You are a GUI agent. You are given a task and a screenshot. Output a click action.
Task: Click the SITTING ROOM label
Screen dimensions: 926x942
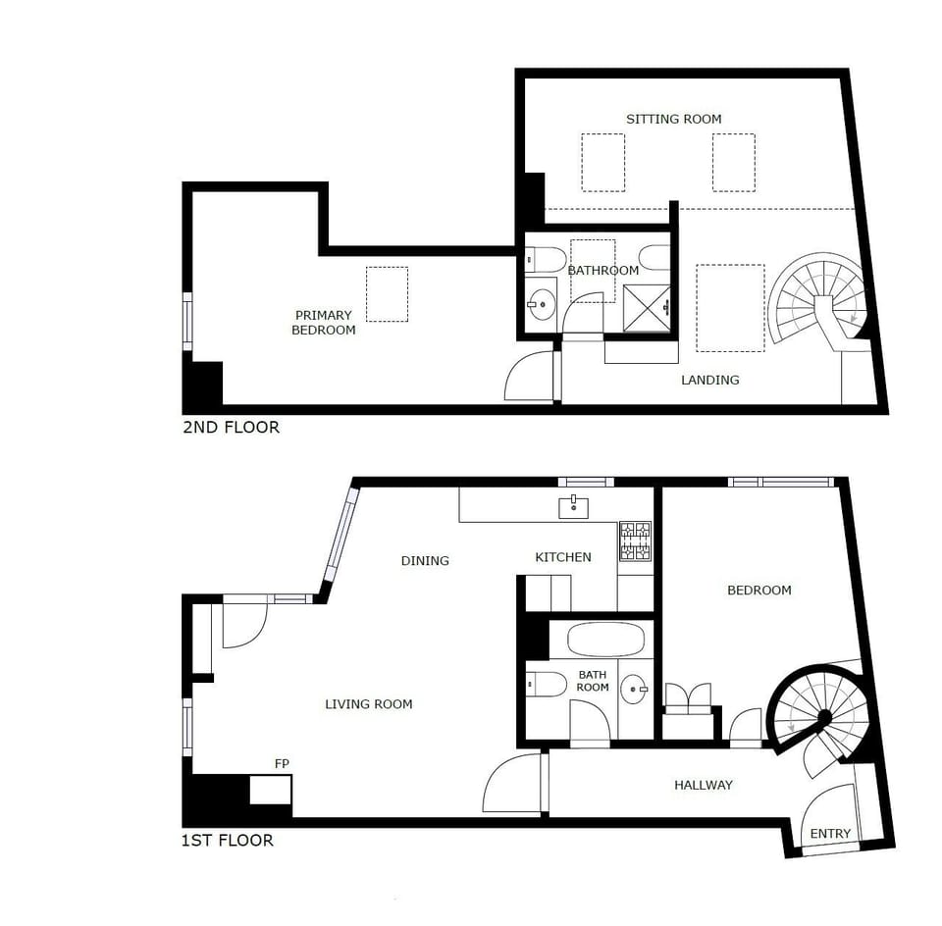coord(673,119)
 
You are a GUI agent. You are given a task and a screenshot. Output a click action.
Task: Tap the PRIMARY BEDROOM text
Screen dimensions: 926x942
coord(323,323)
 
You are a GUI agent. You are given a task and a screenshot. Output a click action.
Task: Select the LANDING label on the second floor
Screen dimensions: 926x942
coord(709,380)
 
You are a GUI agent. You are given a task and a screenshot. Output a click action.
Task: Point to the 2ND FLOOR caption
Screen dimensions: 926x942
coord(231,428)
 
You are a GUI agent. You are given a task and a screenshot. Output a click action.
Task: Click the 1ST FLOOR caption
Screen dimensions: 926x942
coord(228,841)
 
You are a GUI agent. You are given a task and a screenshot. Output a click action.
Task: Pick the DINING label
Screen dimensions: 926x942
coord(425,561)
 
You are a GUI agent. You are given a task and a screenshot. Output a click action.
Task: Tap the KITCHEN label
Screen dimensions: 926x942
coord(562,557)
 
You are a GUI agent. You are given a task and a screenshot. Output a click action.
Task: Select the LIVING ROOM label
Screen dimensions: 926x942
coord(368,704)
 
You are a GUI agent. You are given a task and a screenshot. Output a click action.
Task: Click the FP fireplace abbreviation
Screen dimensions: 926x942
coord(283,763)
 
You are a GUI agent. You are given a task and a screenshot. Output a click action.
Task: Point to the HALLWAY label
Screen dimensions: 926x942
coord(704,785)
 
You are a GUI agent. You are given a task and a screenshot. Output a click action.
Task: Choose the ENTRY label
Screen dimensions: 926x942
coord(830,834)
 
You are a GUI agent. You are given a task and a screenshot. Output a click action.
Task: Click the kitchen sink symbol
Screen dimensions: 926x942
coord(574,507)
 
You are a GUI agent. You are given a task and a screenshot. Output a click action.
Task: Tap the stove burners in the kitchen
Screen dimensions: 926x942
coord(635,540)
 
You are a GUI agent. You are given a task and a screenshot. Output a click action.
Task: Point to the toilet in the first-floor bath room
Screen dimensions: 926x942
coord(544,683)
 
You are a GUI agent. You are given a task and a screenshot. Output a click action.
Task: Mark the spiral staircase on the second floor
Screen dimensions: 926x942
coord(818,298)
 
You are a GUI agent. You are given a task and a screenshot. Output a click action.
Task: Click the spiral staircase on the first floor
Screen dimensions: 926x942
coord(819,717)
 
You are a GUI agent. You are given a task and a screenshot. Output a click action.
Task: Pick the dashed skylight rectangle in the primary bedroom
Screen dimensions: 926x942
coord(387,294)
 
